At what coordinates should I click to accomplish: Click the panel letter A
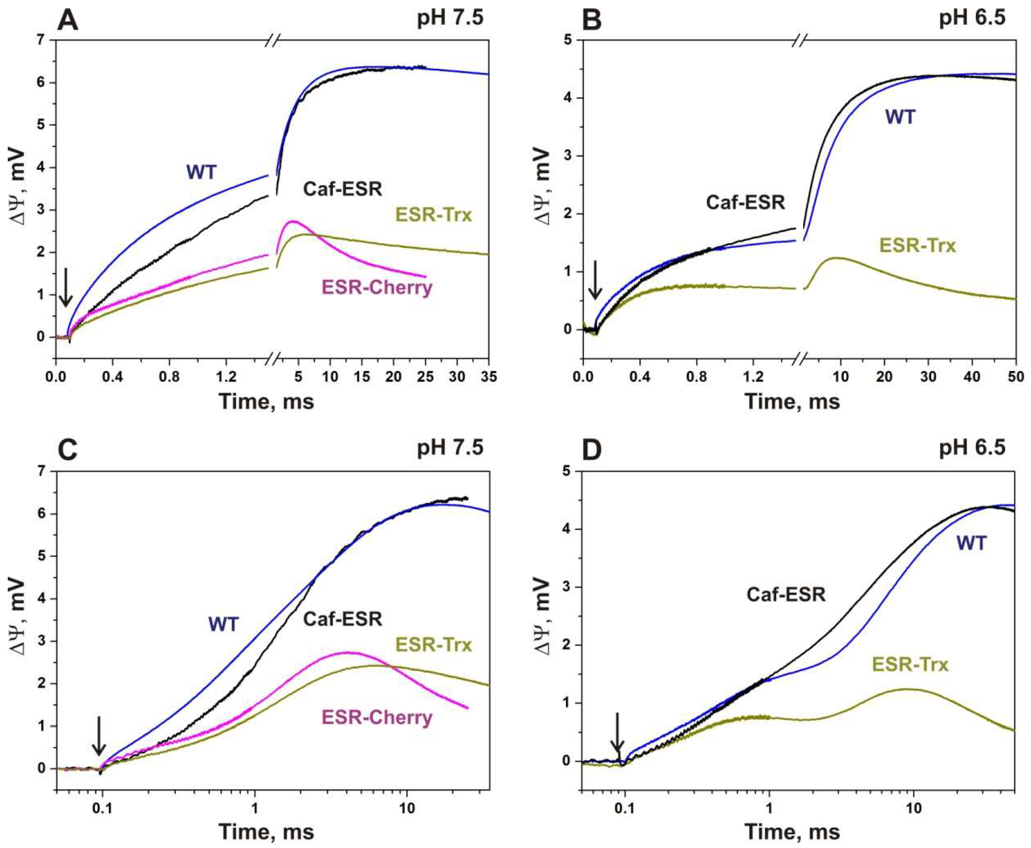pyautogui.click(x=68, y=21)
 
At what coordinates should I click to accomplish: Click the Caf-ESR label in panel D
pyautogui.click(x=786, y=595)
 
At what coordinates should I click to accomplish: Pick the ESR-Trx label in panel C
pyautogui.click(x=433, y=645)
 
